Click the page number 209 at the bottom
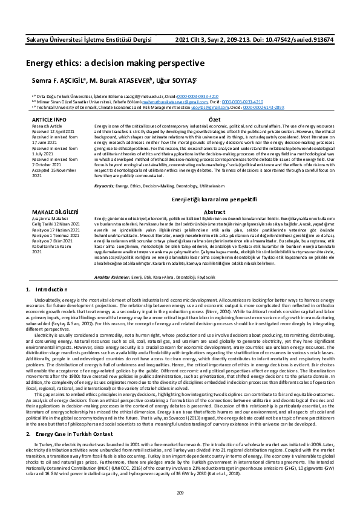coord(180,494)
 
